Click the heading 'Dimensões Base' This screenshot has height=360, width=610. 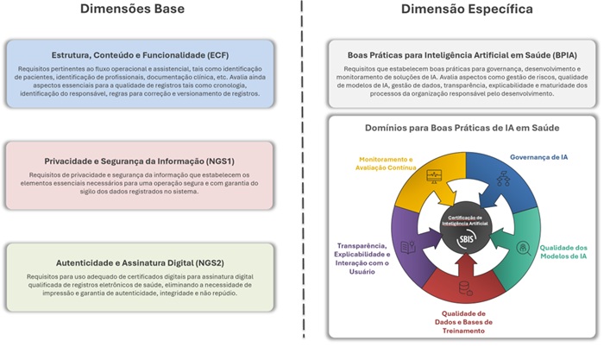pos(132,9)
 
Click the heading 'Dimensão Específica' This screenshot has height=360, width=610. pos(467,9)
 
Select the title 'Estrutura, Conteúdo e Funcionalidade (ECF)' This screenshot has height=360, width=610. pos(140,55)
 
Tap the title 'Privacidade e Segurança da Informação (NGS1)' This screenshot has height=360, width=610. pos(139,161)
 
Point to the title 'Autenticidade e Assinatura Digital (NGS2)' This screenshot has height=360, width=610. pos(140,263)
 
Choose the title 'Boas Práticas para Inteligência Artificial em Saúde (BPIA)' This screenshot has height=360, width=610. pos(462,55)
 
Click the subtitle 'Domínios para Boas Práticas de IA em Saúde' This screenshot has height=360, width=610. pos(462,128)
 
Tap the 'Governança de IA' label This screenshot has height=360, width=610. pos(538,157)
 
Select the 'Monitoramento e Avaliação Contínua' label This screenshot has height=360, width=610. pos(386,163)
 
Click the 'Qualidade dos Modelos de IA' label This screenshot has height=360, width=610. pos(563,252)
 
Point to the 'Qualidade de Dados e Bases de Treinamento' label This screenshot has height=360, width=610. pos(463,322)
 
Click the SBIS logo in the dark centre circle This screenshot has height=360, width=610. pos(466,238)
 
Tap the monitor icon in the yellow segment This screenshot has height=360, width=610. pos(434,176)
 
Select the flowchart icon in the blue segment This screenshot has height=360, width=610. pos(503,178)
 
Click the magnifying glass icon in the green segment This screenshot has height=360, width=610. pos(523,249)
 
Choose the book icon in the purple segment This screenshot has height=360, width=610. pos(408,247)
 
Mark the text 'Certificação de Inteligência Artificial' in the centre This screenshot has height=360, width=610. pos(465,221)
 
